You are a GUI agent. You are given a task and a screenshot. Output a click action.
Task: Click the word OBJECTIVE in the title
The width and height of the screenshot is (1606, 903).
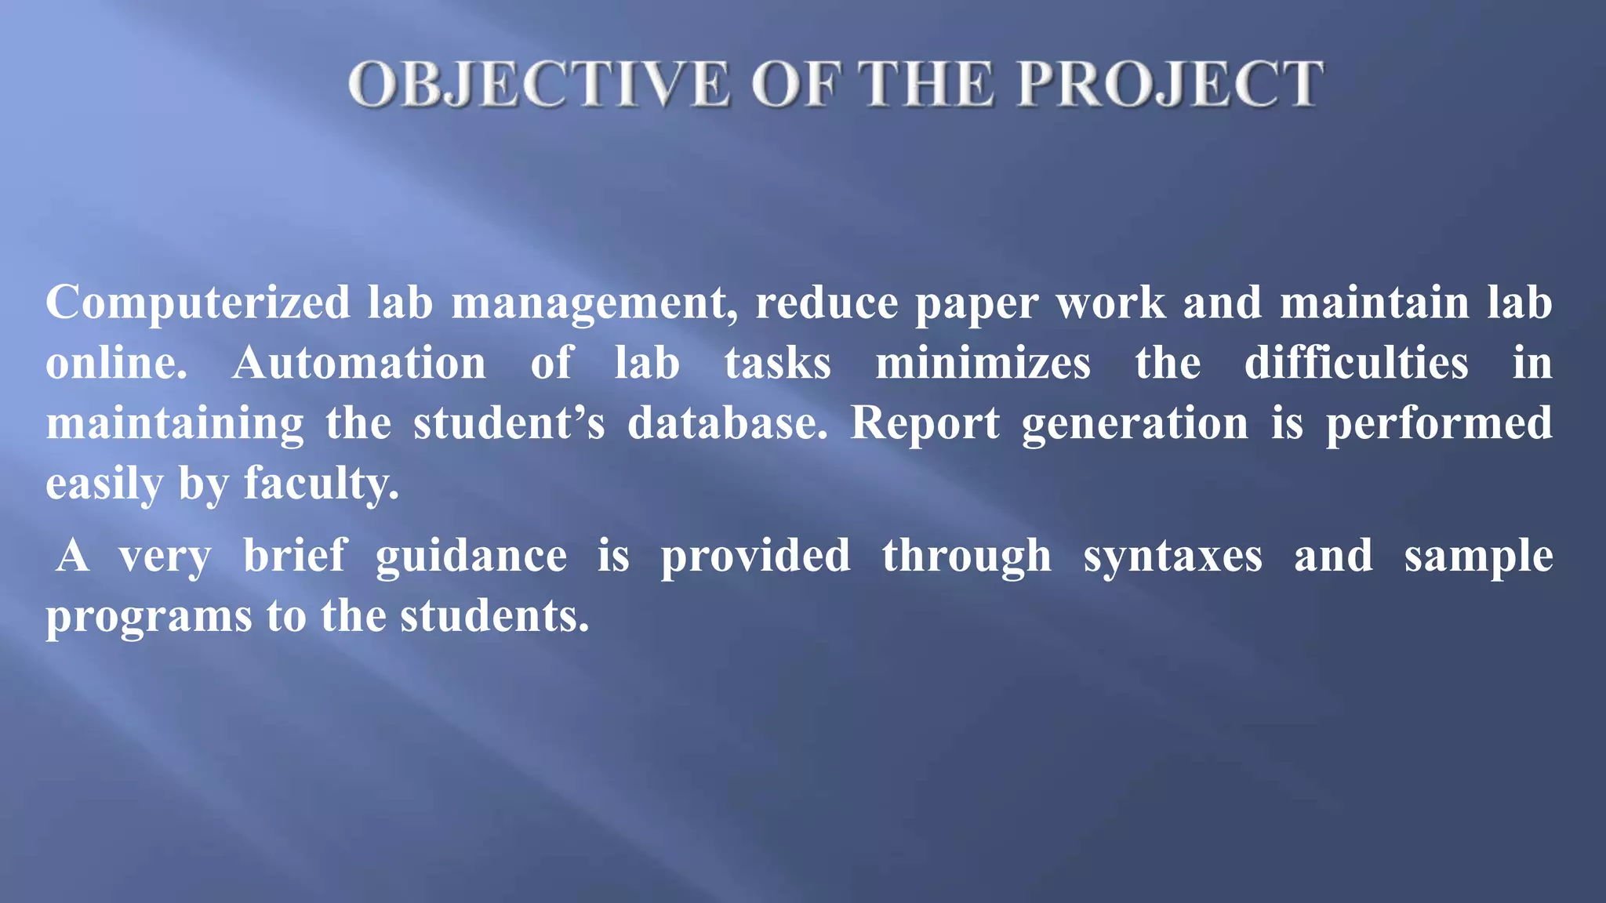(x=539, y=84)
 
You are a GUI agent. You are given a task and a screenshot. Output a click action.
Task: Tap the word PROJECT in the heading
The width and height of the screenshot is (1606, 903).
(x=1170, y=84)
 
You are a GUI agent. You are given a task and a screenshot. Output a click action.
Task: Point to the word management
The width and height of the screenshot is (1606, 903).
(x=594, y=303)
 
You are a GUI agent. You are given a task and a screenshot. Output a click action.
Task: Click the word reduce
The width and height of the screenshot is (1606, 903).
(x=827, y=303)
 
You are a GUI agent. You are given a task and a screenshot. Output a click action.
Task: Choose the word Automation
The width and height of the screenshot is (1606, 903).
(x=359, y=364)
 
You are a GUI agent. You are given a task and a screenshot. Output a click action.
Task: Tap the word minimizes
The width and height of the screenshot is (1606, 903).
(x=983, y=364)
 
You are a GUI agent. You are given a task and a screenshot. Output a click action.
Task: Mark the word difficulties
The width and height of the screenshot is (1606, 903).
(x=1356, y=364)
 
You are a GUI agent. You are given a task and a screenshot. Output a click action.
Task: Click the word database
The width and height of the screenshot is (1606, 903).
(x=727, y=424)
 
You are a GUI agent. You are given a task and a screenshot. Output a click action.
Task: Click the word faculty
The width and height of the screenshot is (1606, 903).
(x=321, y=484)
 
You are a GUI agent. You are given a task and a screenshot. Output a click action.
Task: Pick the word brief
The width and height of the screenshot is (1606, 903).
(x=294, y=556)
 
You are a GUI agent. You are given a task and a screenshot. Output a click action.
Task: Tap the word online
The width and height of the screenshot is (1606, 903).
(x=116, y=364)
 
